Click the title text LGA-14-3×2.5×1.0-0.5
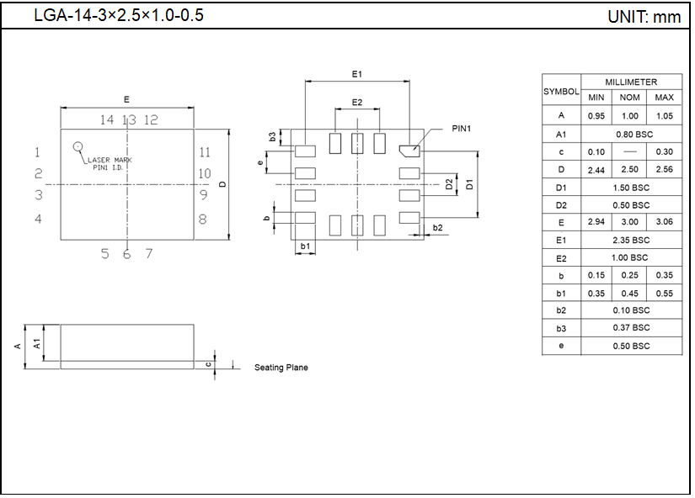pos(118,16)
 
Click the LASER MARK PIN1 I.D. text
pos(110,163)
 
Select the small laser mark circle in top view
pos(78,146)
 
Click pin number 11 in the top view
pos(205,152)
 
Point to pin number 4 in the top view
pos(38,220)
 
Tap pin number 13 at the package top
pos(129,120)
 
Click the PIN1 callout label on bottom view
pos(462,129)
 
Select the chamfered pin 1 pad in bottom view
pos(409,151)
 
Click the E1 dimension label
pos(357,75)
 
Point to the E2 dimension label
pos(357,102)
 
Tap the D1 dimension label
pos(469,184)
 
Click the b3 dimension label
pos(272,136)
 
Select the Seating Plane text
pos(281,368)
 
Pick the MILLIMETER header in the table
pos(631,82)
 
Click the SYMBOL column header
pos(561,90)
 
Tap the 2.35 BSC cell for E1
pos(631,240)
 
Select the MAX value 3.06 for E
pos(664,222)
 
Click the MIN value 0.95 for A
pos(596,116)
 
